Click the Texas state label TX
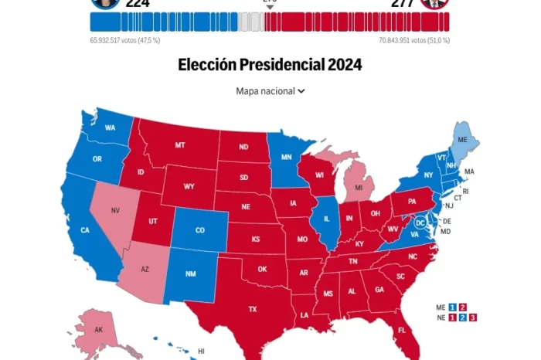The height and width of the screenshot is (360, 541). (252, 309)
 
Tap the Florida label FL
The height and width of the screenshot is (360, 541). (402, 330)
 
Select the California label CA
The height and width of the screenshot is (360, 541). (86, 229)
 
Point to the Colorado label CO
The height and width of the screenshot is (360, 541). (200, 229)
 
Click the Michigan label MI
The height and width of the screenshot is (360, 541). (359, 188)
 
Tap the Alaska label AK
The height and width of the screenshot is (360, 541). (99, 329)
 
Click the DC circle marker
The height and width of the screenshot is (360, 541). (420, 222)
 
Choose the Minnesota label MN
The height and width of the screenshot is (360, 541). (286, 158)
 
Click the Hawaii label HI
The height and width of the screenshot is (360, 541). (201, 352)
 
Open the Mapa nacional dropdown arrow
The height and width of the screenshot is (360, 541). (301, 91)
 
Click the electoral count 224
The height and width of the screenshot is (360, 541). (137, 3)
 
